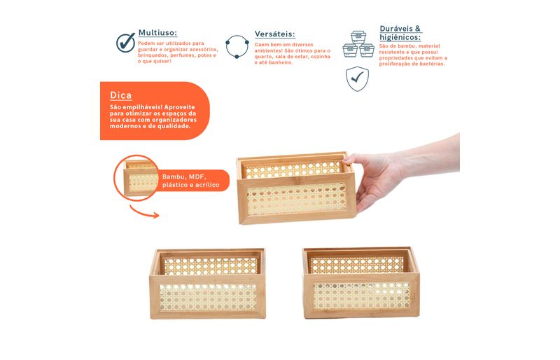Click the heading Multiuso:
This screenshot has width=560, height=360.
pyautogui.click(x=157, y=33)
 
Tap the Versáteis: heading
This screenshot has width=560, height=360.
pyautogui.click(x=274, y=34)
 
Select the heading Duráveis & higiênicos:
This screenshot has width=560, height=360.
pyautogui.click(x=400, y=33)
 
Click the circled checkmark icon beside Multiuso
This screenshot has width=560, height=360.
pyautogui.click(x=126, y=43)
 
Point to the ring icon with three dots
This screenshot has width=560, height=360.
pyautogui.click(x=237, y=46)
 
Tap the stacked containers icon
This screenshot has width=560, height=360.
pyautogui.click(x=358, y=44)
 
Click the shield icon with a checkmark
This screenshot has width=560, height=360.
pyautogui.click(x=357, y=78)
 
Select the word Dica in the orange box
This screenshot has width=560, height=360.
pyautogui.click(x=120, y=95)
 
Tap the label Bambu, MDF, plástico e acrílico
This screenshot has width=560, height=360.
pyautogui.click(x=190, y=181)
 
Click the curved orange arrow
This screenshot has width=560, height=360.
pyautogui.click(x=144, y=212)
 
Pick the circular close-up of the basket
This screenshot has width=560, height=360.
pyautogui.click(x=136, y=178)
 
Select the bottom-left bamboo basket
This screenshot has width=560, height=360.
pyautogui.click(x=208, y=284)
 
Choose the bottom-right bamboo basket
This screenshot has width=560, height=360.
pyautogui.click(x=361, y=282)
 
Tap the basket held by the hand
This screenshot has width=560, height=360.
pyautogui.click(x=296, y=188)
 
